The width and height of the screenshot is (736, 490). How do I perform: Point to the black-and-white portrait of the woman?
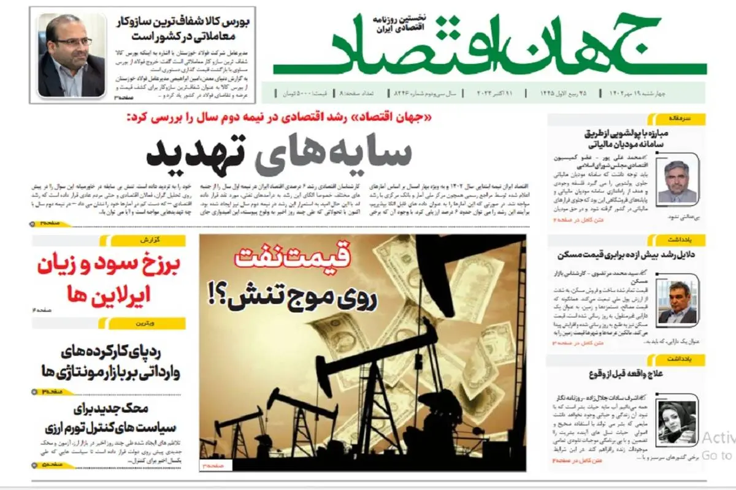[677, 423]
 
